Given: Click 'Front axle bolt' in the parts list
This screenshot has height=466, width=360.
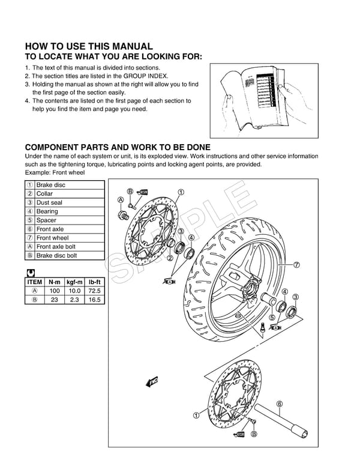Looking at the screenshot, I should point(56,247).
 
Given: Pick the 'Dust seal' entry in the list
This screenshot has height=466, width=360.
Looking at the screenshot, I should point(49,203).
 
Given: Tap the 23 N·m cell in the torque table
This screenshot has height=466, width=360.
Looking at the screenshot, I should point(54,300).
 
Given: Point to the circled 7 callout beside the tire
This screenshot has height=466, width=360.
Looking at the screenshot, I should point(296,265).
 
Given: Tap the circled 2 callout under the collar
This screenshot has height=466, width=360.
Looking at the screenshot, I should point(170,259).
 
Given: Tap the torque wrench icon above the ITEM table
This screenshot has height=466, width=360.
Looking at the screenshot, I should point(30,272).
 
